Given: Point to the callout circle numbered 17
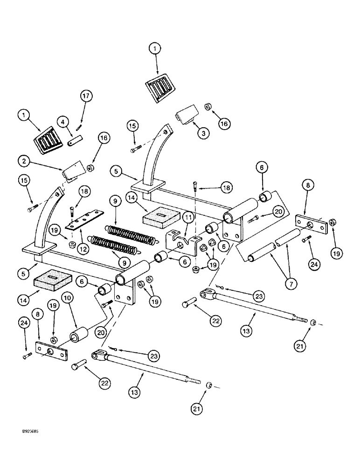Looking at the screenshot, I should point(86,96).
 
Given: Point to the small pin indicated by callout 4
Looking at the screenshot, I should point(75,138).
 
